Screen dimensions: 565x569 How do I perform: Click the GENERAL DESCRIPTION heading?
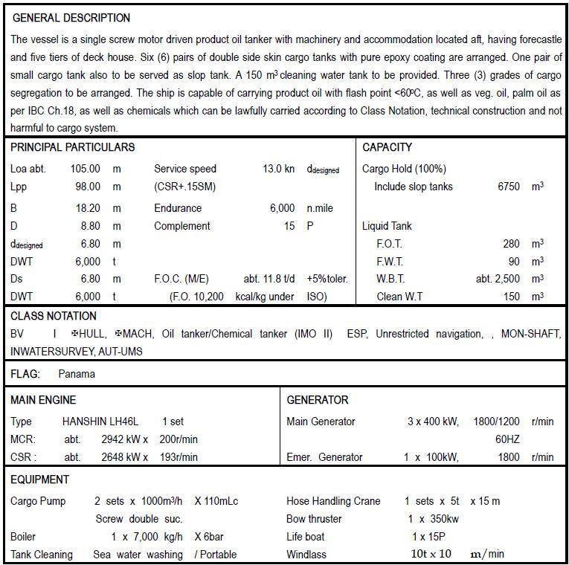coord(71,18)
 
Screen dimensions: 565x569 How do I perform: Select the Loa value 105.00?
coord(86,169)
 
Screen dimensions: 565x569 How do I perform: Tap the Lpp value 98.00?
coord(88,187)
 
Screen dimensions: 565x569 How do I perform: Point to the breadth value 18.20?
coord(88,208)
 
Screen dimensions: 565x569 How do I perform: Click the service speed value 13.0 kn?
coord(278,169)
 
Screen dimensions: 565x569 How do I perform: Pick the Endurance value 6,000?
coord(282,208)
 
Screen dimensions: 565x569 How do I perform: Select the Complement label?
coord(182,226)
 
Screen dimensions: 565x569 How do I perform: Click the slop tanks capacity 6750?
coord(509,187)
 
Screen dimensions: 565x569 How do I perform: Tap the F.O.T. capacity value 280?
coord(511,243)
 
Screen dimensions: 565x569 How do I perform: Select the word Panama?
coord(77,374)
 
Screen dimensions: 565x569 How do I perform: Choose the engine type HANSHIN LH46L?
coord(100,422)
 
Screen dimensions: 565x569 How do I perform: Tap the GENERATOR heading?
coord(318,400)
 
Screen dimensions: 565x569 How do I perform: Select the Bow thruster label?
coord(314,519)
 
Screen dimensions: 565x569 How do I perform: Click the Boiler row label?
coord(23,537)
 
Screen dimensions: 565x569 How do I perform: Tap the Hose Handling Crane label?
coord(333,501)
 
